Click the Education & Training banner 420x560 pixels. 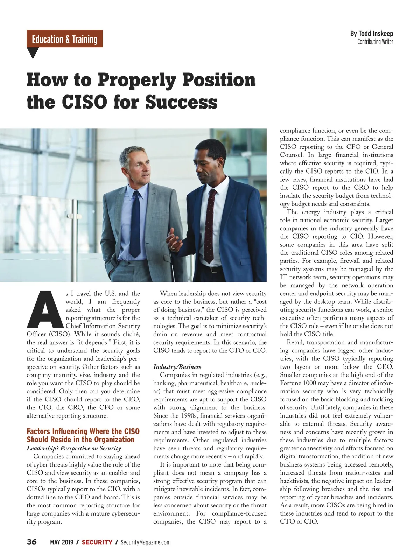[64, 39]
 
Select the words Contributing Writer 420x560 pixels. [375, 42]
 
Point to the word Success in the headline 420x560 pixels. [181, 102]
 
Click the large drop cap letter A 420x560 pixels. [45, 309]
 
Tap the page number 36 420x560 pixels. [31, 542]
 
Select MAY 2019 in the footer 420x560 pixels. [62, 542]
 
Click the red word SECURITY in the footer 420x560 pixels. [97, 542]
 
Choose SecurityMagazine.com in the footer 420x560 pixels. [146, 542]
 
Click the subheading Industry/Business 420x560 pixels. [177, 367]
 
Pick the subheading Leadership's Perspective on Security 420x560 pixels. [74, 448]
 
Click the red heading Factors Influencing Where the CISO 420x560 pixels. [83, 431]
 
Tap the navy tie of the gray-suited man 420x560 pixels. [135, 224]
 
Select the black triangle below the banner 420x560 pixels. [33, 53]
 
